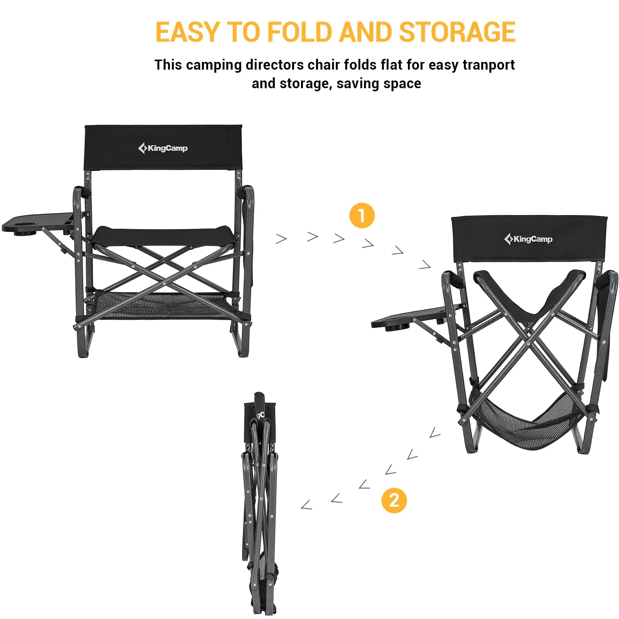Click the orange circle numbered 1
point(362,215)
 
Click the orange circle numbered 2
point(394,501)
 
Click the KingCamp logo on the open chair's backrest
point(163,148)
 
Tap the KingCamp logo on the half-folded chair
point(528,239)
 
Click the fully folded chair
point(260,503)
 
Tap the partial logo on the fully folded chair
point(260,415)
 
